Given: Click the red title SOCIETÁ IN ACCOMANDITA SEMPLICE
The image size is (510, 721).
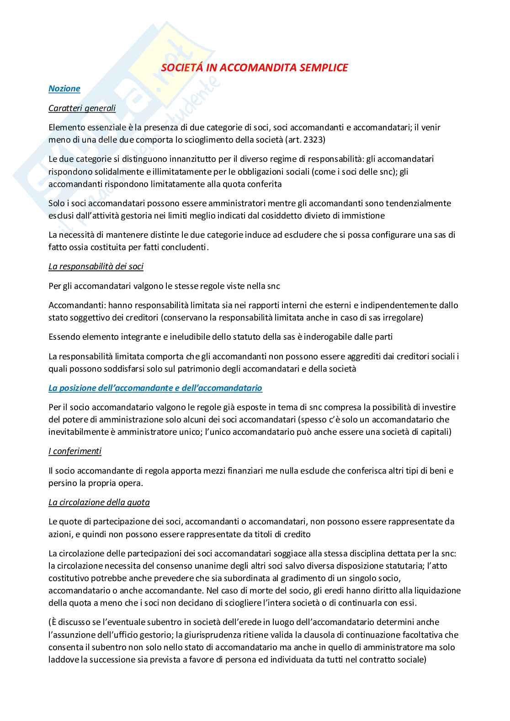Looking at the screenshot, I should click(255, 68).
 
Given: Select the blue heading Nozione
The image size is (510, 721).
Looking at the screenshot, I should click(64, 89).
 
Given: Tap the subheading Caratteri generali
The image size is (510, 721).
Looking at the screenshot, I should click(82, 108).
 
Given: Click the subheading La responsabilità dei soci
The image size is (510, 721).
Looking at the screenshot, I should click(96, 266).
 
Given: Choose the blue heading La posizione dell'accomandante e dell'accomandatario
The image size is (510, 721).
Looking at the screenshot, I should click(155, 388).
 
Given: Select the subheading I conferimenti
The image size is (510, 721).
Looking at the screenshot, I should click(75, 451).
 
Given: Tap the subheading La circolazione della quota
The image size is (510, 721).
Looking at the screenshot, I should click(99, 502).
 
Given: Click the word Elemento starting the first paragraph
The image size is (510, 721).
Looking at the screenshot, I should click(67, 127).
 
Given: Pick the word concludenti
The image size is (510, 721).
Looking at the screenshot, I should click(186, 247).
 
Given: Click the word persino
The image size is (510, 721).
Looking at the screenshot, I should click(62, 483).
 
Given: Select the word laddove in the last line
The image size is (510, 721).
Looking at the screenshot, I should click(63, 660).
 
